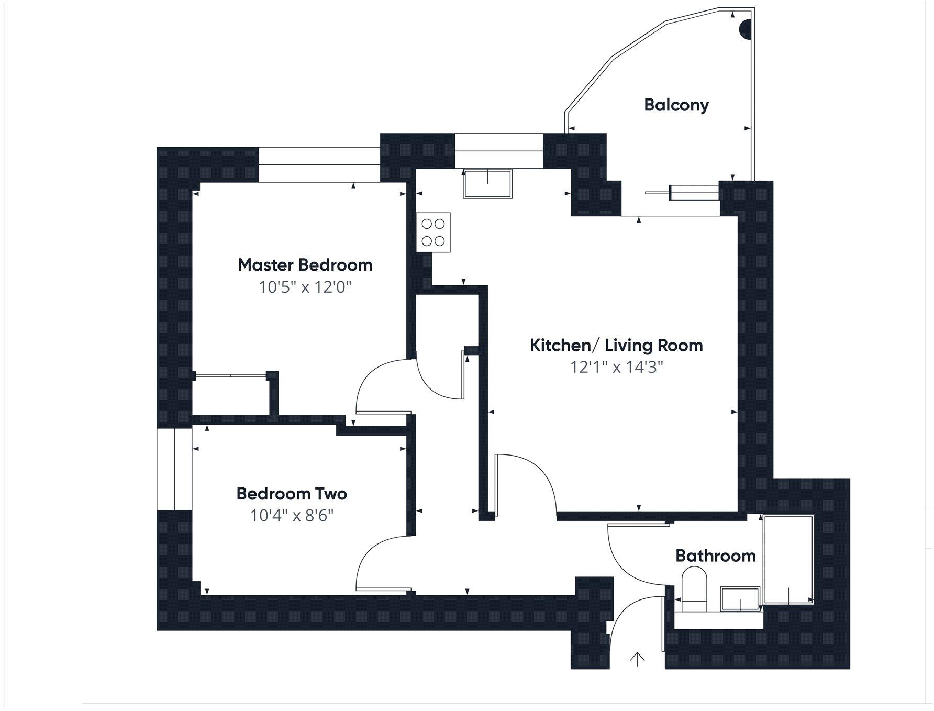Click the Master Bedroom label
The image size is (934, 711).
(x=305, y=265)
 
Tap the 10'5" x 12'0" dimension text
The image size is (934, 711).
(x=305, y=287)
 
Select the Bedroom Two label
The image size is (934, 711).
(x=292, y=494)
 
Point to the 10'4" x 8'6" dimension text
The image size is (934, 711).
(x=292, y=516)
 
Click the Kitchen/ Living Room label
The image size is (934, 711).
(x=616, y=346)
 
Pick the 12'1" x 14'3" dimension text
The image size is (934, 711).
(x=616, y=367)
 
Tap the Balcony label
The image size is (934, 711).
(x=676, y=105)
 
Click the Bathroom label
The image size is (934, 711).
(x=716, y=556)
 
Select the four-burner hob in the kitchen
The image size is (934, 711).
(x=433, y=232)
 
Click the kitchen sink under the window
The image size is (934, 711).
(x=487, y=183)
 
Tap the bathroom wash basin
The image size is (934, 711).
(x=740, y=599)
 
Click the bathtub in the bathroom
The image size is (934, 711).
(x=788, y=560)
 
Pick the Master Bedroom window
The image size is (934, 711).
(x=319, y=165)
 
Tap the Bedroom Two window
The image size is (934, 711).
(x=175, y=469)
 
